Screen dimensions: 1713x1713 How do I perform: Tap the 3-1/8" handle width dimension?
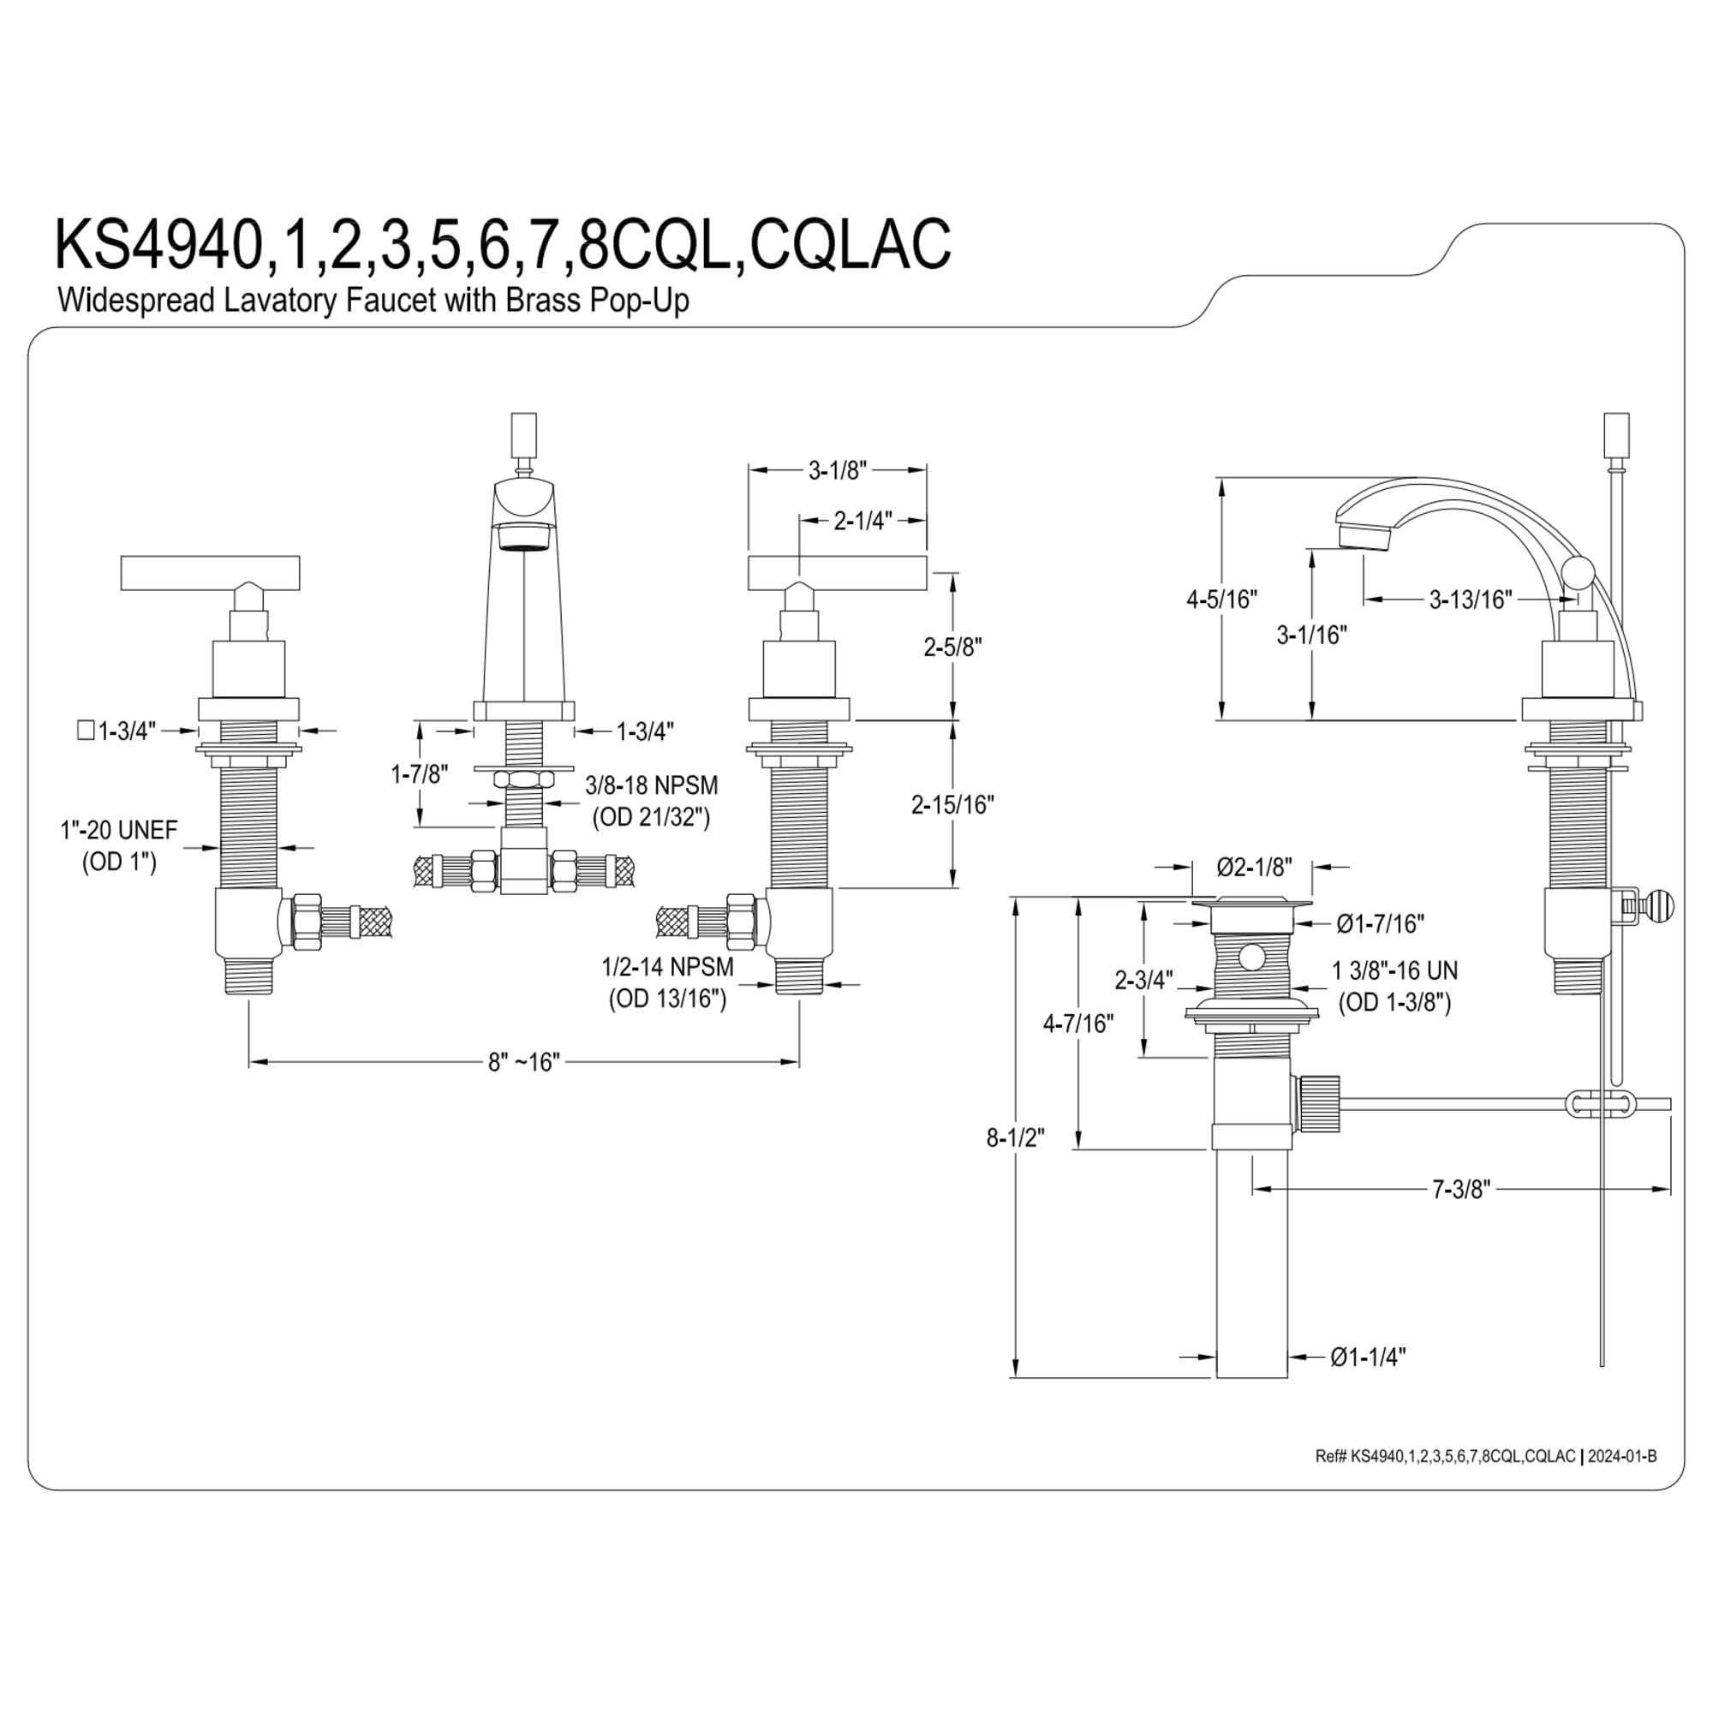[837, 470]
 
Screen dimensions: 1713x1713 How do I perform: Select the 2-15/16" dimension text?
[952, 805]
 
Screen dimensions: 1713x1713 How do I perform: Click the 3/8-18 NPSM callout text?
[652, 785]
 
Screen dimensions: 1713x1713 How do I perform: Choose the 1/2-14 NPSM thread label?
[668, 966]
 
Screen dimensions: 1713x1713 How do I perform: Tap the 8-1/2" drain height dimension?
[1015, 1137]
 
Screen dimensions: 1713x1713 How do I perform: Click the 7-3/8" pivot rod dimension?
[1461, 1189]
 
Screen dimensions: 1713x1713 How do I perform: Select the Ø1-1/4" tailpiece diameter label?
[1368, 1357]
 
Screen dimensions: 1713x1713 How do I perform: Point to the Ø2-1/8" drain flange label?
[1255, 866]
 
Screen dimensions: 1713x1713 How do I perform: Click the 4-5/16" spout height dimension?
[1222, 600]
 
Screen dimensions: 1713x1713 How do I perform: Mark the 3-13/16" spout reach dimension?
[1470, 600]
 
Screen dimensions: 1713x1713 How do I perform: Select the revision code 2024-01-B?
[1621, 1456]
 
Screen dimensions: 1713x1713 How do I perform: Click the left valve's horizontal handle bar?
[210, 573]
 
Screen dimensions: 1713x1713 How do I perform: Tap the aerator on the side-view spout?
[1364, 536]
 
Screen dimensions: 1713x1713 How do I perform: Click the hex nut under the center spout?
[524, 779]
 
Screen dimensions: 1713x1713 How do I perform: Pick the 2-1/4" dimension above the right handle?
[862, 522]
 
